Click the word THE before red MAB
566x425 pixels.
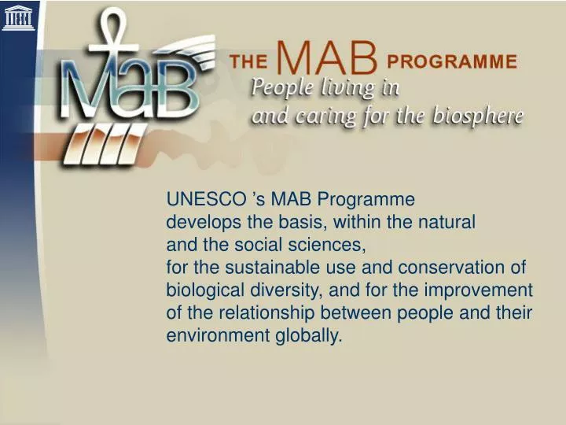coord(248,61)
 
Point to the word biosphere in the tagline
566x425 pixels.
coord(483,116)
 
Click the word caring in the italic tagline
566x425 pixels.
coord(322,118)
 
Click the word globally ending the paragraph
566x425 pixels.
coord(309,336)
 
